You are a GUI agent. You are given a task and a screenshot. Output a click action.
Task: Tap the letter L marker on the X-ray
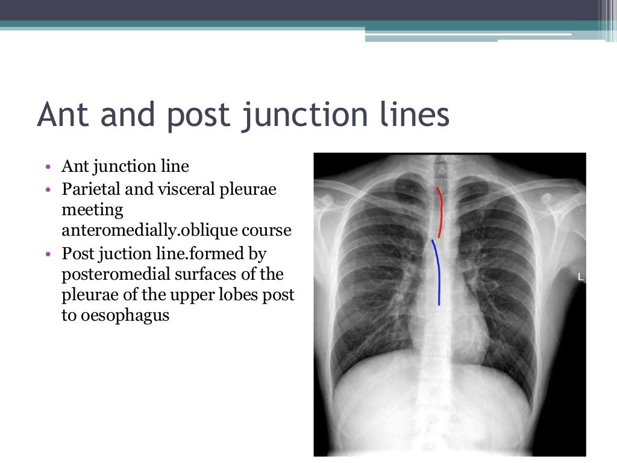(x=581, y=277)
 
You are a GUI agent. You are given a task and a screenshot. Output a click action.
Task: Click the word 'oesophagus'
(x=114, y=315)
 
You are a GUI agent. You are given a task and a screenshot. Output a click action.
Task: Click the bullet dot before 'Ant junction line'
(x=48, y=167)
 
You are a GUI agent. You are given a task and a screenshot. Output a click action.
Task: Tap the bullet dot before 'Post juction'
(x=48, y=254)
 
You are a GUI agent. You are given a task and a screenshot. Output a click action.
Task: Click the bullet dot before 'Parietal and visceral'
(x=48, y=190)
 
